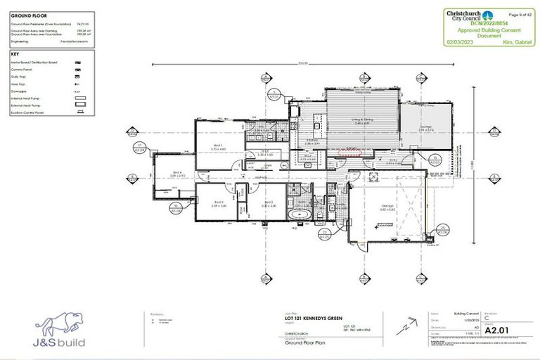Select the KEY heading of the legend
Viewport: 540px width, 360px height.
(15, 53)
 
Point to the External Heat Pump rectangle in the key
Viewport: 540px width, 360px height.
(82, 104)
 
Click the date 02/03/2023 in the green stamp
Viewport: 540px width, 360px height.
(459, 41)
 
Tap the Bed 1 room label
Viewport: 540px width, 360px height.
(219, 147)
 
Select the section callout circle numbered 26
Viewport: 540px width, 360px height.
(443, 230)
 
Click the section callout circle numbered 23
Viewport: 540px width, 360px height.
(323, 234)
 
